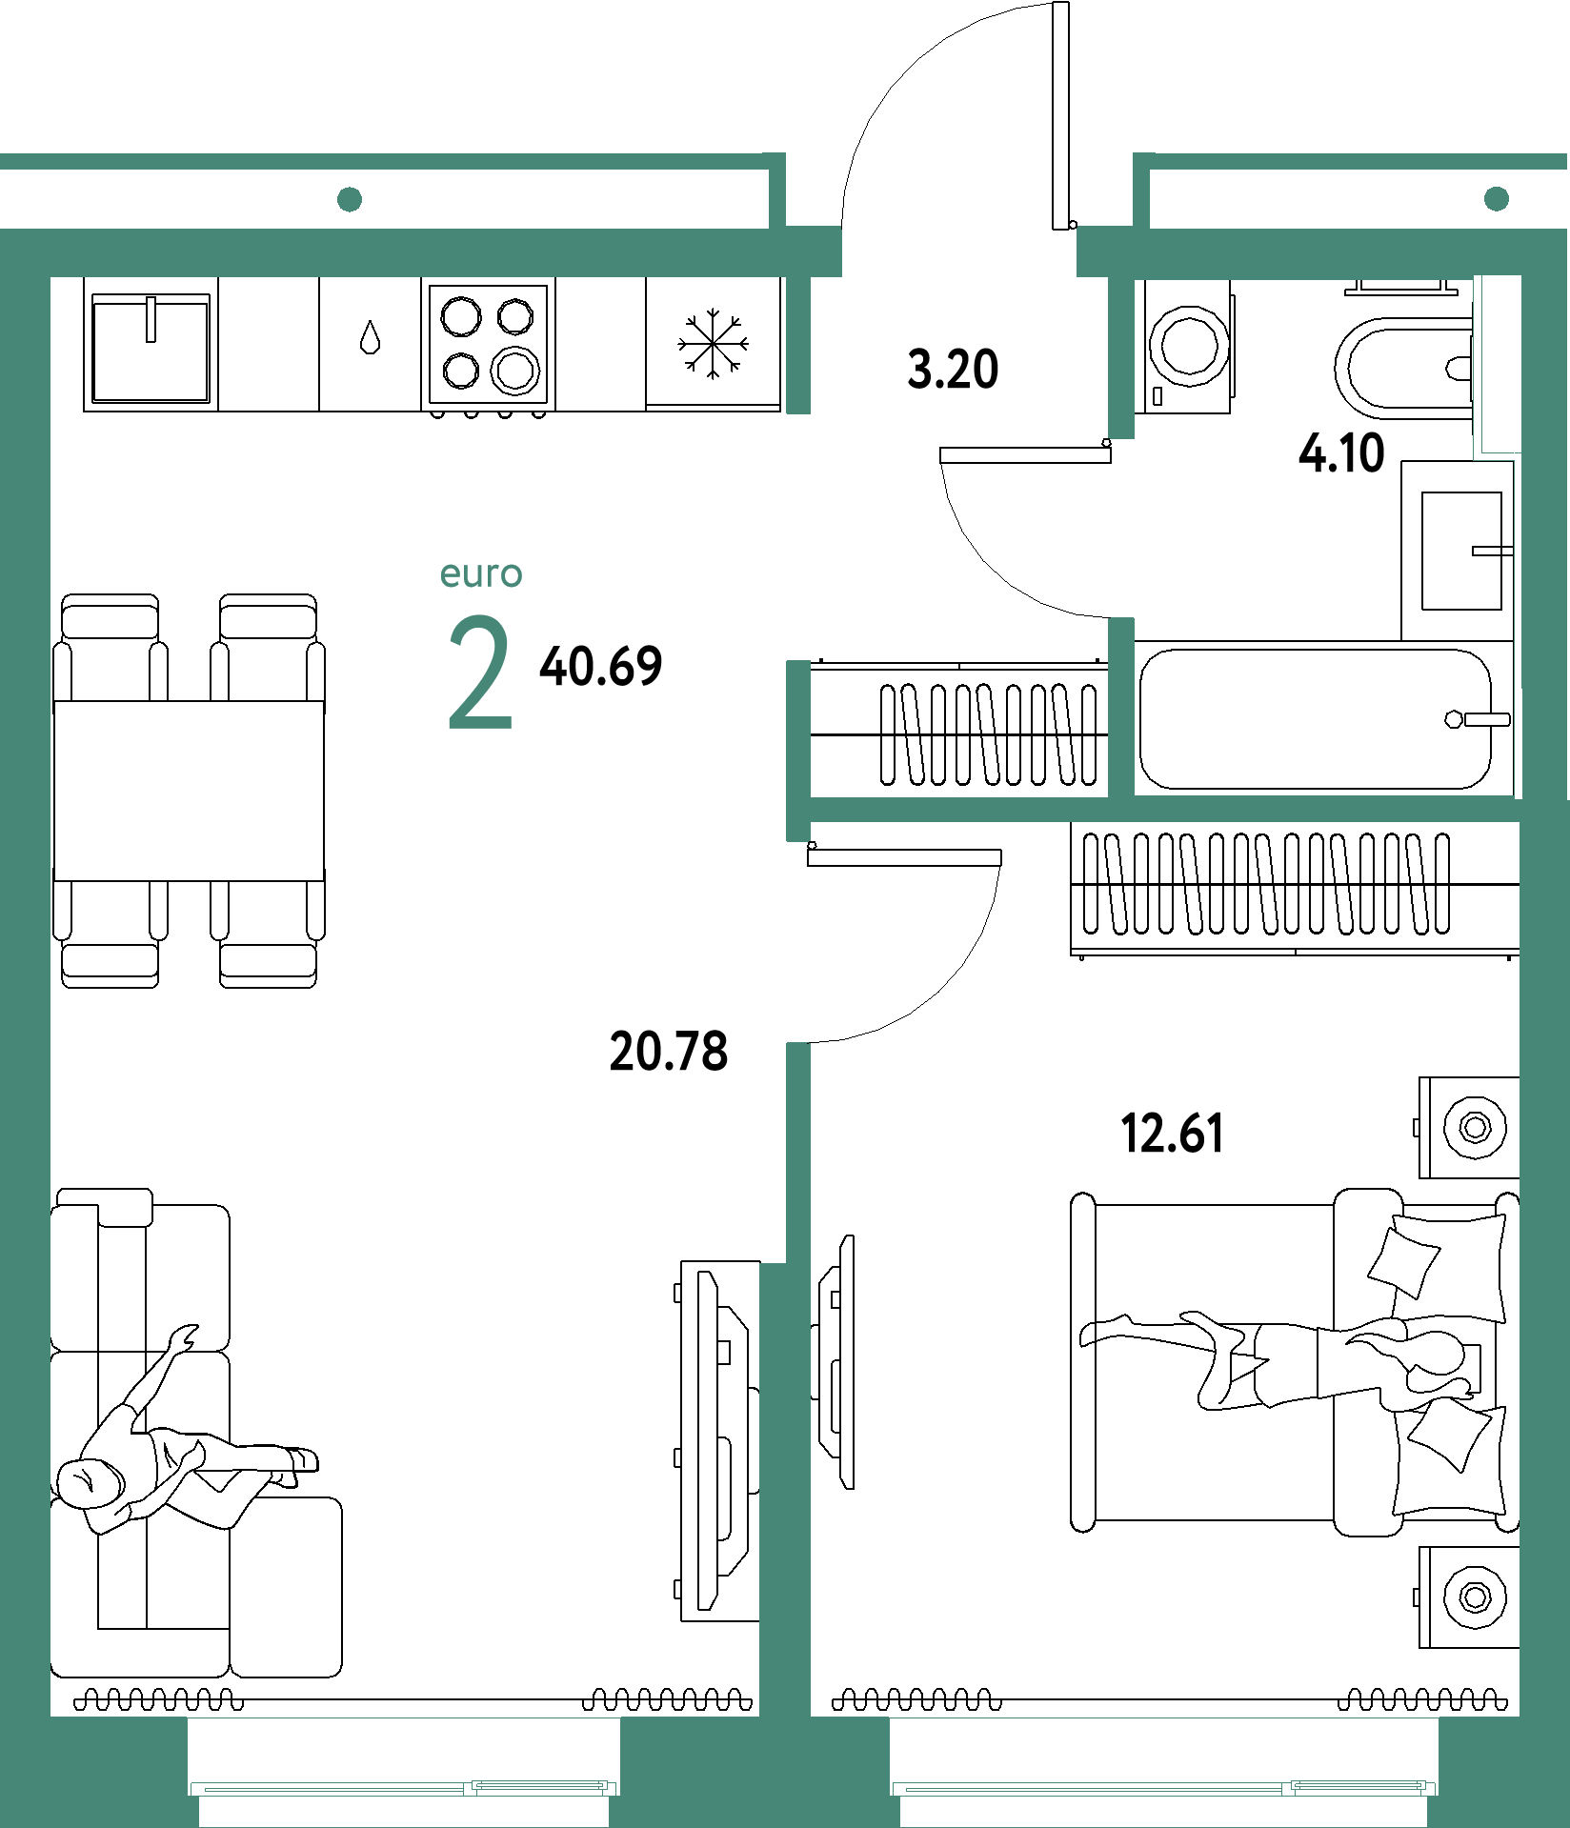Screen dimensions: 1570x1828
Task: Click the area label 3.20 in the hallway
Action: [x=953, y=369]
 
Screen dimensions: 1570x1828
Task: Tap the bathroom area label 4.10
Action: [x=1341, y=452]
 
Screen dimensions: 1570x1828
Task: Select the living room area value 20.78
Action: [x=669, y=1052]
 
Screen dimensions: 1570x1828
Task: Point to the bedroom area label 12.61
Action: [x=1172, y=1134]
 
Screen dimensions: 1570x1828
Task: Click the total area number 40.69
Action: [x=601, y=666]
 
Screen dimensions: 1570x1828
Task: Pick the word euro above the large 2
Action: [x=481, y=574]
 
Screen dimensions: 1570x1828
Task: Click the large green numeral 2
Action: [x=481, y=673]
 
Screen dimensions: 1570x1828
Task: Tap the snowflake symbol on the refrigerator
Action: [x=713, y=343]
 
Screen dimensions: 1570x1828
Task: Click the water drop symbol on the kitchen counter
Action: [x=371, y=337]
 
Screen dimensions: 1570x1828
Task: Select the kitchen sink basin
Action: [x=151, y=349]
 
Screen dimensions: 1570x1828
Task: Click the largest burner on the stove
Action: [x=515, y=371]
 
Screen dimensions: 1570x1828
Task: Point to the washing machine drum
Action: [x=1189, y=346]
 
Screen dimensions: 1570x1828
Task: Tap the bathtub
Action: [x=1316, y=719]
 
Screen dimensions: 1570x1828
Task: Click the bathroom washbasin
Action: [x=1461, y=551]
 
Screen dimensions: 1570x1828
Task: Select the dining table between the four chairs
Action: [x=189, y=791]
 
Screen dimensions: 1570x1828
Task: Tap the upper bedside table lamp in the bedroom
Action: [x=1475, y=1128]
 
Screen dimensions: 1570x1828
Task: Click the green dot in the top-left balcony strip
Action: [x=350, y=199]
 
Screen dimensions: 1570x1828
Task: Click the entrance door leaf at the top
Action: [x=1060, y=115]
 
